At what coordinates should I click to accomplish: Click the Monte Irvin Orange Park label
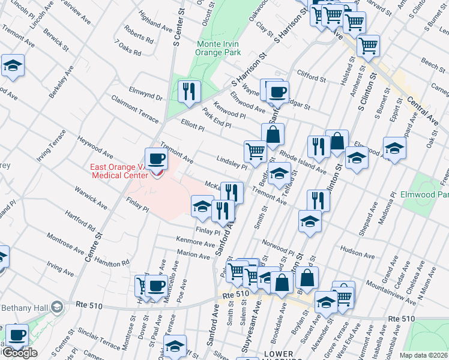coord(220,47)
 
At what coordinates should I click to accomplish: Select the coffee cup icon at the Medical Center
coord(156,159)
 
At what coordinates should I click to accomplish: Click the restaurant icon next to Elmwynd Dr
coord(189,91)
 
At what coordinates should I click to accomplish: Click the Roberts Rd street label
coord(140,36)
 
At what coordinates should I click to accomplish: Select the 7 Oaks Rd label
coord(128,49)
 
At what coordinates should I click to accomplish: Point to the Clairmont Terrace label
coord(135,107)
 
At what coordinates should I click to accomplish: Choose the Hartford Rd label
coord(82,221)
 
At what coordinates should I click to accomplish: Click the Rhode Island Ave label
coord(304,161)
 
